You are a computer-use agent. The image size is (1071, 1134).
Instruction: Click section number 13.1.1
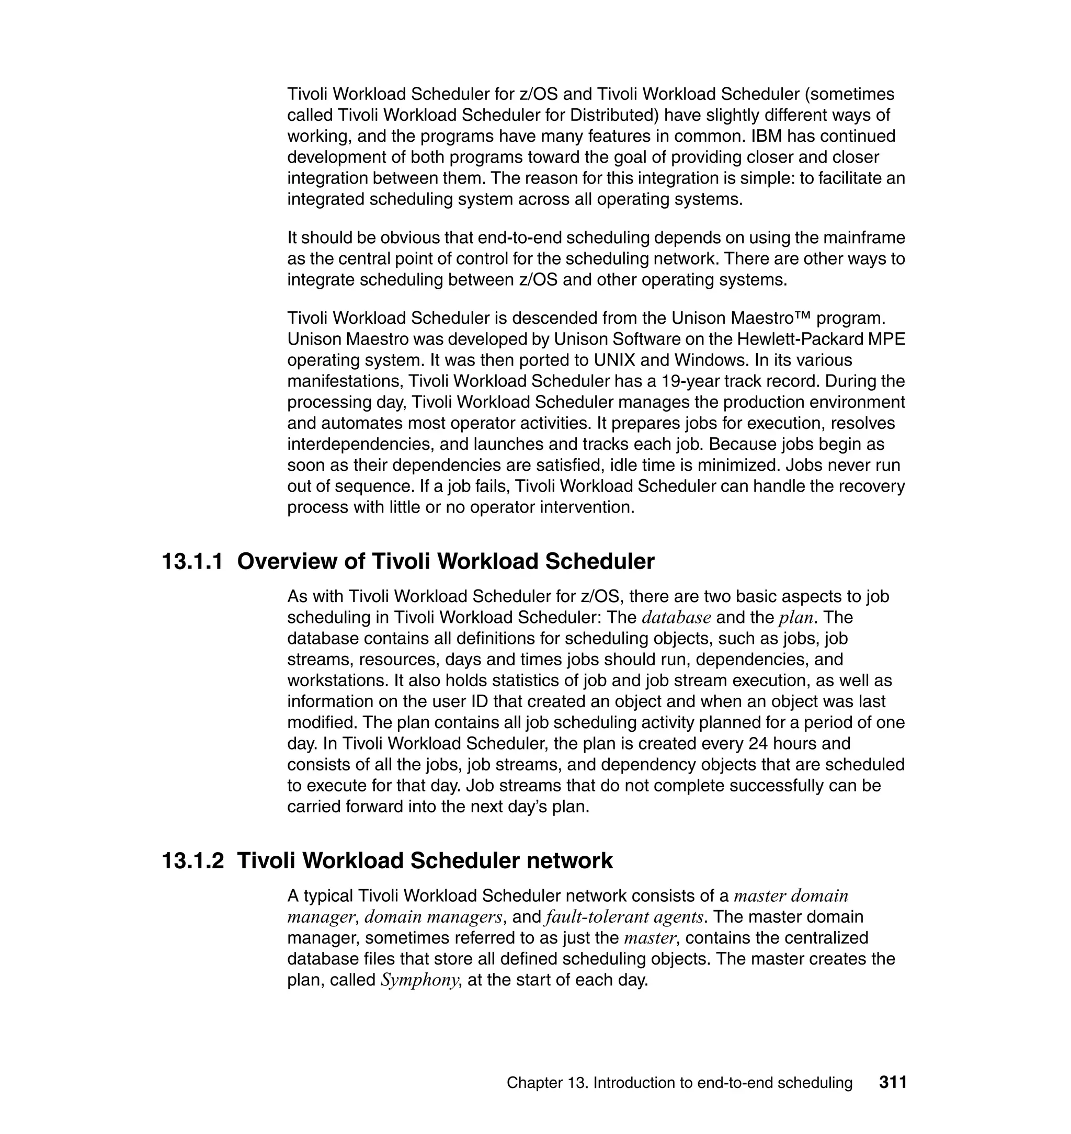(x=192, y=562)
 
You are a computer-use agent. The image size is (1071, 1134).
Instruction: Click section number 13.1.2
(x=192, y=860)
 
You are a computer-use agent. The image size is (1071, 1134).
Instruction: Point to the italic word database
(x=676, y=617)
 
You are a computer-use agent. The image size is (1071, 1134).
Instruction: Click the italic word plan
(x=795, y=618)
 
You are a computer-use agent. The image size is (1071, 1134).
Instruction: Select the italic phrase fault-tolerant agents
(x=624, y=917)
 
